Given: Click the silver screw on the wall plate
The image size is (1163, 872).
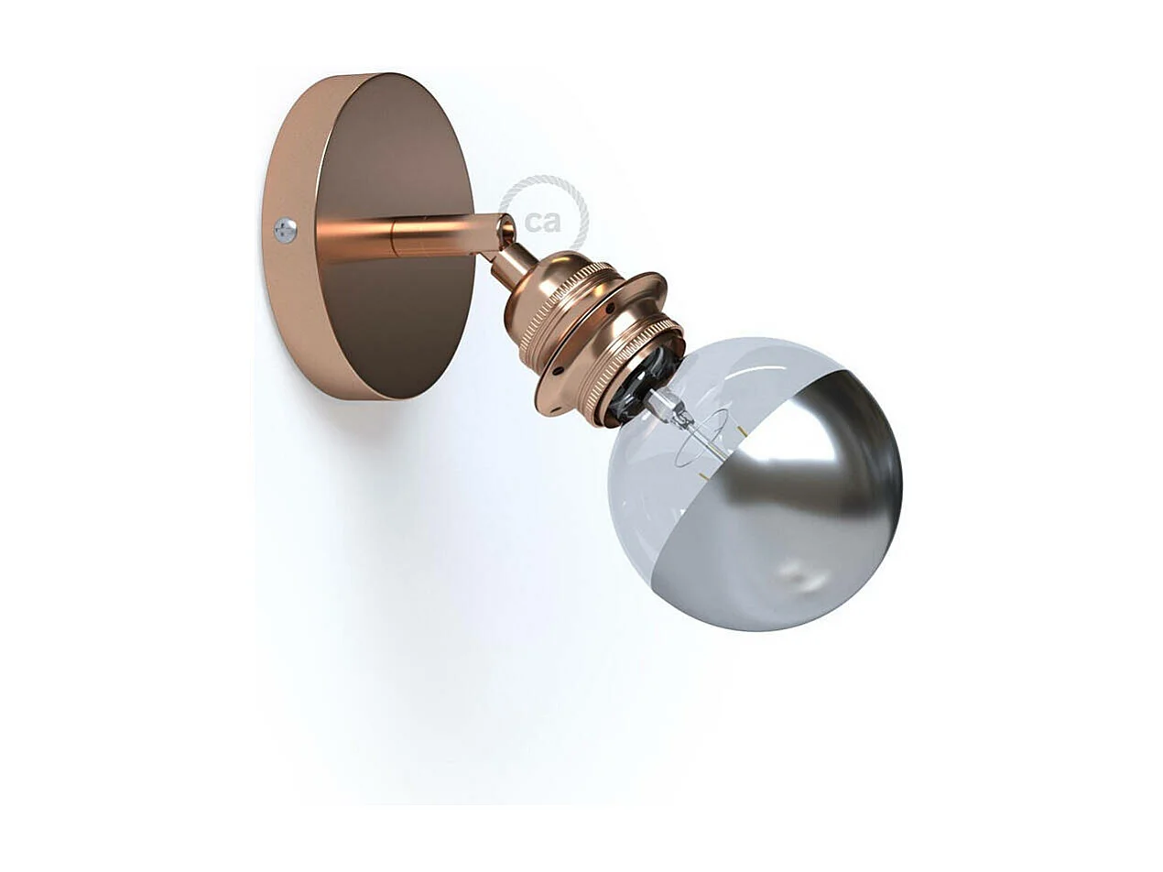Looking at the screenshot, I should click(x=285, y=230).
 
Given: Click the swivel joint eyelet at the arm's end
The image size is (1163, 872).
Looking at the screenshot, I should click(x=505, y=230).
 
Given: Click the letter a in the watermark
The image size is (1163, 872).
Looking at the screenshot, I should click(x=554, y=222).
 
